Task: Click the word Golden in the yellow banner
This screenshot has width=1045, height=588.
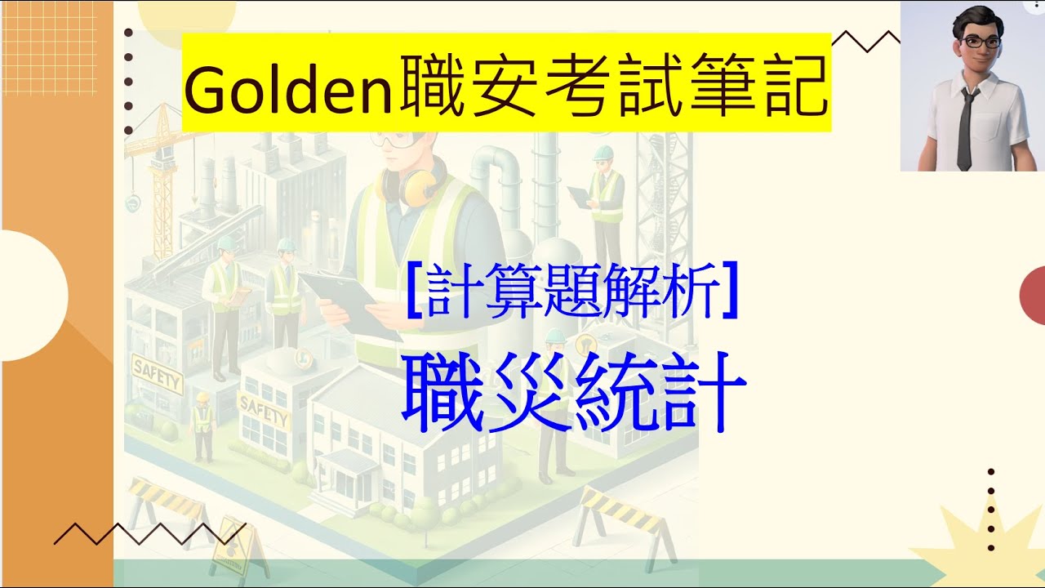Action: tap(291, 91)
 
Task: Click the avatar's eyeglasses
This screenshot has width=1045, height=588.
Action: tap(973, 41)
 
